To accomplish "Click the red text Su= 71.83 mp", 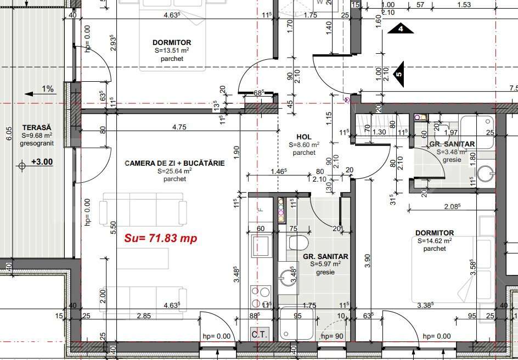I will click(x=160, y=238).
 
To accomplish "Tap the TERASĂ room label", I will click(x=37, y=127).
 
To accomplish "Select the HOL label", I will click(x=303, y=137).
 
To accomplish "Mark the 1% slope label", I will click(x=48, y=89).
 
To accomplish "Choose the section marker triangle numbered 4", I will click(x=400, y=29).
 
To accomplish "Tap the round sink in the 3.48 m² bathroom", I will click(x=485, y=173).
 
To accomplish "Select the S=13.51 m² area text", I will click(x=172, y=50).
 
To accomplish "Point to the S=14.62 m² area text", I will click(x=434, y=241).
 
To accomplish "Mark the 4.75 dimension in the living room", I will click(x=179, y=127).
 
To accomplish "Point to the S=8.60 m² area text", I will click(x=303, y=145).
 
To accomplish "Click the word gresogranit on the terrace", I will click(x=37, y=143).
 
